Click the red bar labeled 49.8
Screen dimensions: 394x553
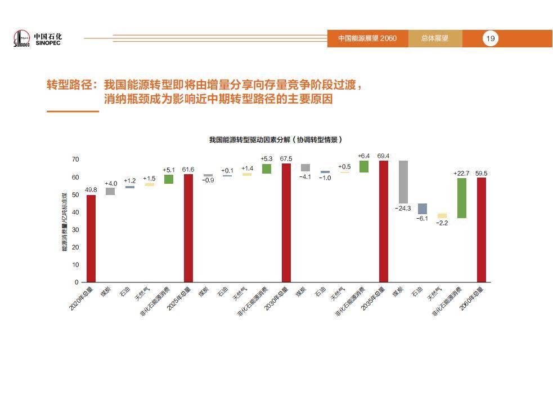point(91,238)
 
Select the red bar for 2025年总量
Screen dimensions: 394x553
point(188,228)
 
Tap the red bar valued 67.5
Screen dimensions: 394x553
point(286,223)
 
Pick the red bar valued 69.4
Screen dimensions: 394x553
point(384,221)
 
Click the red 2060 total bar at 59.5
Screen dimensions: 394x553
point(482,229)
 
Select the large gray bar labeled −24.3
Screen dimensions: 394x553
point(403,182)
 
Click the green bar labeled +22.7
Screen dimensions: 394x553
point(462,198)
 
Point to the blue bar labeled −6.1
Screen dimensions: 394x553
point(422,209)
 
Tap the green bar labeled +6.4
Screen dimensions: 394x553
point(364,166)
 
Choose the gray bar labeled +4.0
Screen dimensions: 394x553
point(110,191)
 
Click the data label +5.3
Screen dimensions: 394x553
point(267,159)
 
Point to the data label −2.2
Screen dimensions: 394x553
point(442,223)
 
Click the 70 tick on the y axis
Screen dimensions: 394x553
point(75,160)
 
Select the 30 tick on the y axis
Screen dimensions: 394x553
point(75,229)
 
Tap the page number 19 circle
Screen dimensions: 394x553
point(491,38)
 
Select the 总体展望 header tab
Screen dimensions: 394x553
point(435,38)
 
